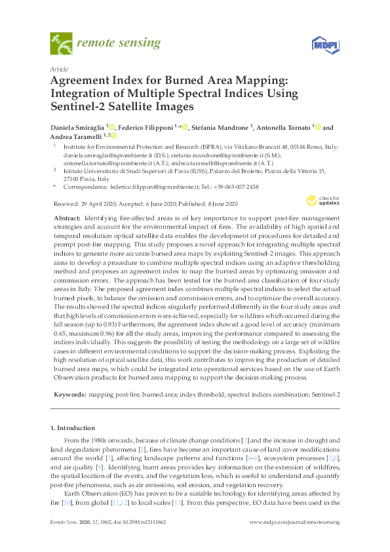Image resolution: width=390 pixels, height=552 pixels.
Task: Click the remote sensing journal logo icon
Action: point(60,44)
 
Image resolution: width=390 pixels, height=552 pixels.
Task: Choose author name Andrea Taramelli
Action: point(75,136)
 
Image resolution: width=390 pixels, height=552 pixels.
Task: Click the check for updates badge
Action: point(321,201)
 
